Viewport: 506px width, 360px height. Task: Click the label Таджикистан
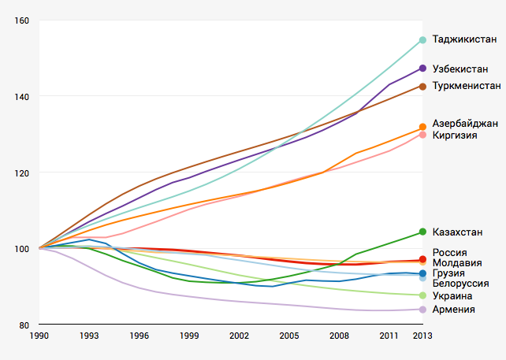pyautogui.click(x=465, y=39)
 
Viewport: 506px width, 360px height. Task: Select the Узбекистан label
pyautogui.click(x=461, y=69)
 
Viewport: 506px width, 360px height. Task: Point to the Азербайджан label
pyautogui.click(x=465, y=124)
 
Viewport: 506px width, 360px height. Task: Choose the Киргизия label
pyautogui.click(x=456, y=135)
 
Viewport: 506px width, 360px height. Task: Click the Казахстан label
pyautogui.click(x=459, y=232)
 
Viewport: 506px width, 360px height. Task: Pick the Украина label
pyautogui.click(x=453, y=295)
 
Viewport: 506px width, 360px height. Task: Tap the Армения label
pyautogui.click(x=454, y=309)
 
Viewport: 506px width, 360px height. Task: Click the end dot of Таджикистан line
pyautogui.click(x=423, y=40)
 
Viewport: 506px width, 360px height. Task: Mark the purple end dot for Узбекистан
pyautogui.click(x=423, y=69)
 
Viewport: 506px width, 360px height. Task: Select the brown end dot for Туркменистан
pyautogui.click(x=423, y=86)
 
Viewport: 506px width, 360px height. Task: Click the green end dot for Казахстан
pyautogui.click(x=423, y=232)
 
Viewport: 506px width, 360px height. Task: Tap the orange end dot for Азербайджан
pyautogui.click(x=423, y=127)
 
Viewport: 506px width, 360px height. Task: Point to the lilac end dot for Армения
pyautogui.click(x=423, y=309)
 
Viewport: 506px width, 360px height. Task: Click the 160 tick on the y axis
pyautogui.click(x=21, y=20)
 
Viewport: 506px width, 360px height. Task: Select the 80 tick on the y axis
pyautogui.click(x=24, y=325)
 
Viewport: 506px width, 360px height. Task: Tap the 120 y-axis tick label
pyautogui.click(x=21, y=173)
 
